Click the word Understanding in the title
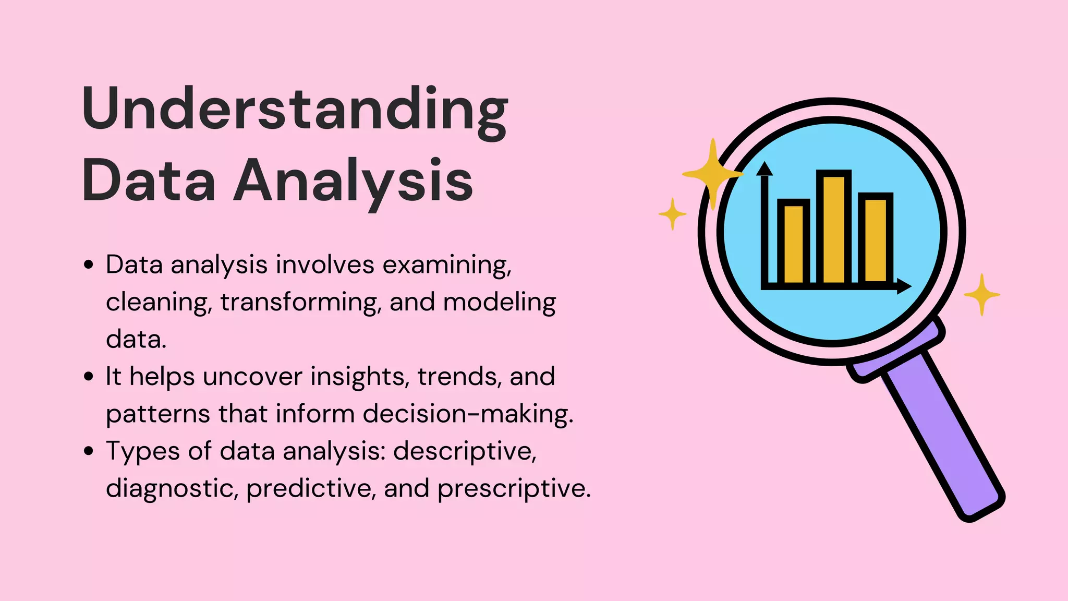[295, 110]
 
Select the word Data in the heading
[149, 181]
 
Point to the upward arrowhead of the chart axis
[764, 169]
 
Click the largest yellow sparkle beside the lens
[712, 174]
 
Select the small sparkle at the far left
[672, 214]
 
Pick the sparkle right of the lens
[981, 295]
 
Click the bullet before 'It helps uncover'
[89, 376]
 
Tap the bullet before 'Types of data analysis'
[89, 451]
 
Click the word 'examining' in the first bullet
[447, 265]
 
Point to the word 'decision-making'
[467, 414]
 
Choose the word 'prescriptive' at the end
[514, 488]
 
